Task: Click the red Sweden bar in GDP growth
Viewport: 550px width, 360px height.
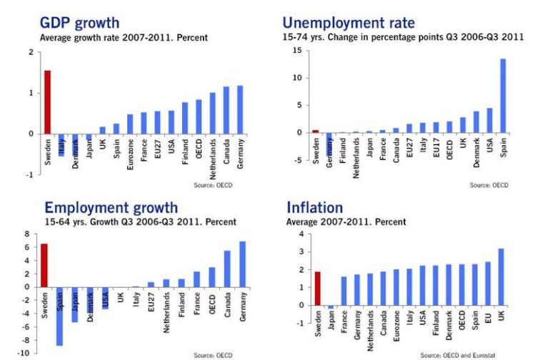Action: (x=47, y=102)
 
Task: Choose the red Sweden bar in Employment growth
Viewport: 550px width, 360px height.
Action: (x=44, y=265)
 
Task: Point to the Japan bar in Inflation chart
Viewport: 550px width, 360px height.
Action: (x=331, y=307)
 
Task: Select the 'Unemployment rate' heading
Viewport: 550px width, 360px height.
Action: (x=349, y=22)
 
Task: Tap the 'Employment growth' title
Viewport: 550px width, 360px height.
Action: (x=111, y=208)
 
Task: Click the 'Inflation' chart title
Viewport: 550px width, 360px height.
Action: (x=315, y=208)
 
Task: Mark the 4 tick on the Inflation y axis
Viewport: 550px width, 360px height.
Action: (x=301, y=234)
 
